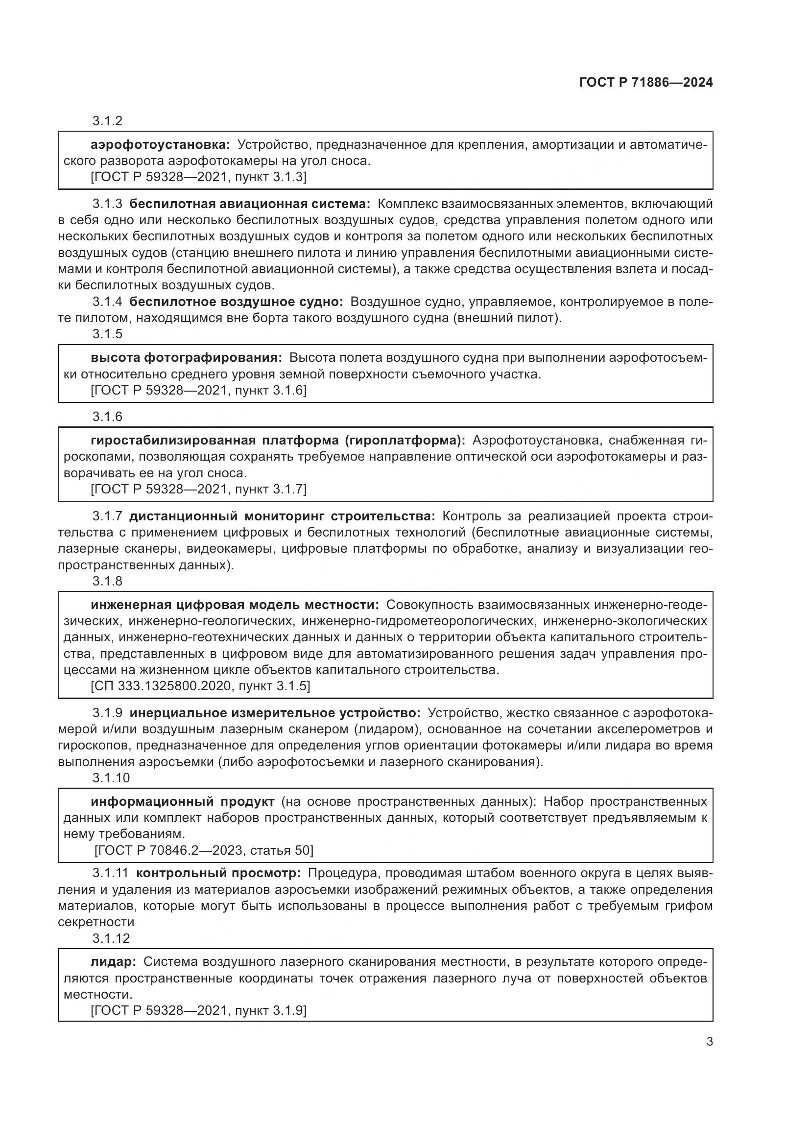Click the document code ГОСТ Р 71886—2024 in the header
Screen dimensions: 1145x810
pyautogui.click(x=646, y=83)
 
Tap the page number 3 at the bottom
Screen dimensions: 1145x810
pyautogui.click(x=709, y=1041)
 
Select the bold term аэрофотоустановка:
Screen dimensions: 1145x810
pyautogui.click(x=160, y=145)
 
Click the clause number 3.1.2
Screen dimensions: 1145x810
pyautogui.click(x=107, y=121)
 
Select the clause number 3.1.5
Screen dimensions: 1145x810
pyautogui.click(x=107, y=334)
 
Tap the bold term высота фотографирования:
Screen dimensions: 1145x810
pyautogui.click(x=186, y=358)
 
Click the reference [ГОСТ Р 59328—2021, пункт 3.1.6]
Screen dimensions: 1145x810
pyautogui.click(x=198, y=391)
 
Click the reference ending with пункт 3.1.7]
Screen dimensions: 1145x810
pyautogui.click(x=198, y=489)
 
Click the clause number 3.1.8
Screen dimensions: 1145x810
pyautogui.click(x=107, y=581)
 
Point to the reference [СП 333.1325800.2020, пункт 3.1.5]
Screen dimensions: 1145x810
pyautogui.click(x=200, y=686)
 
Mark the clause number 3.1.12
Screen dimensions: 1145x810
pyautogui.click(x=111, y=938)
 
